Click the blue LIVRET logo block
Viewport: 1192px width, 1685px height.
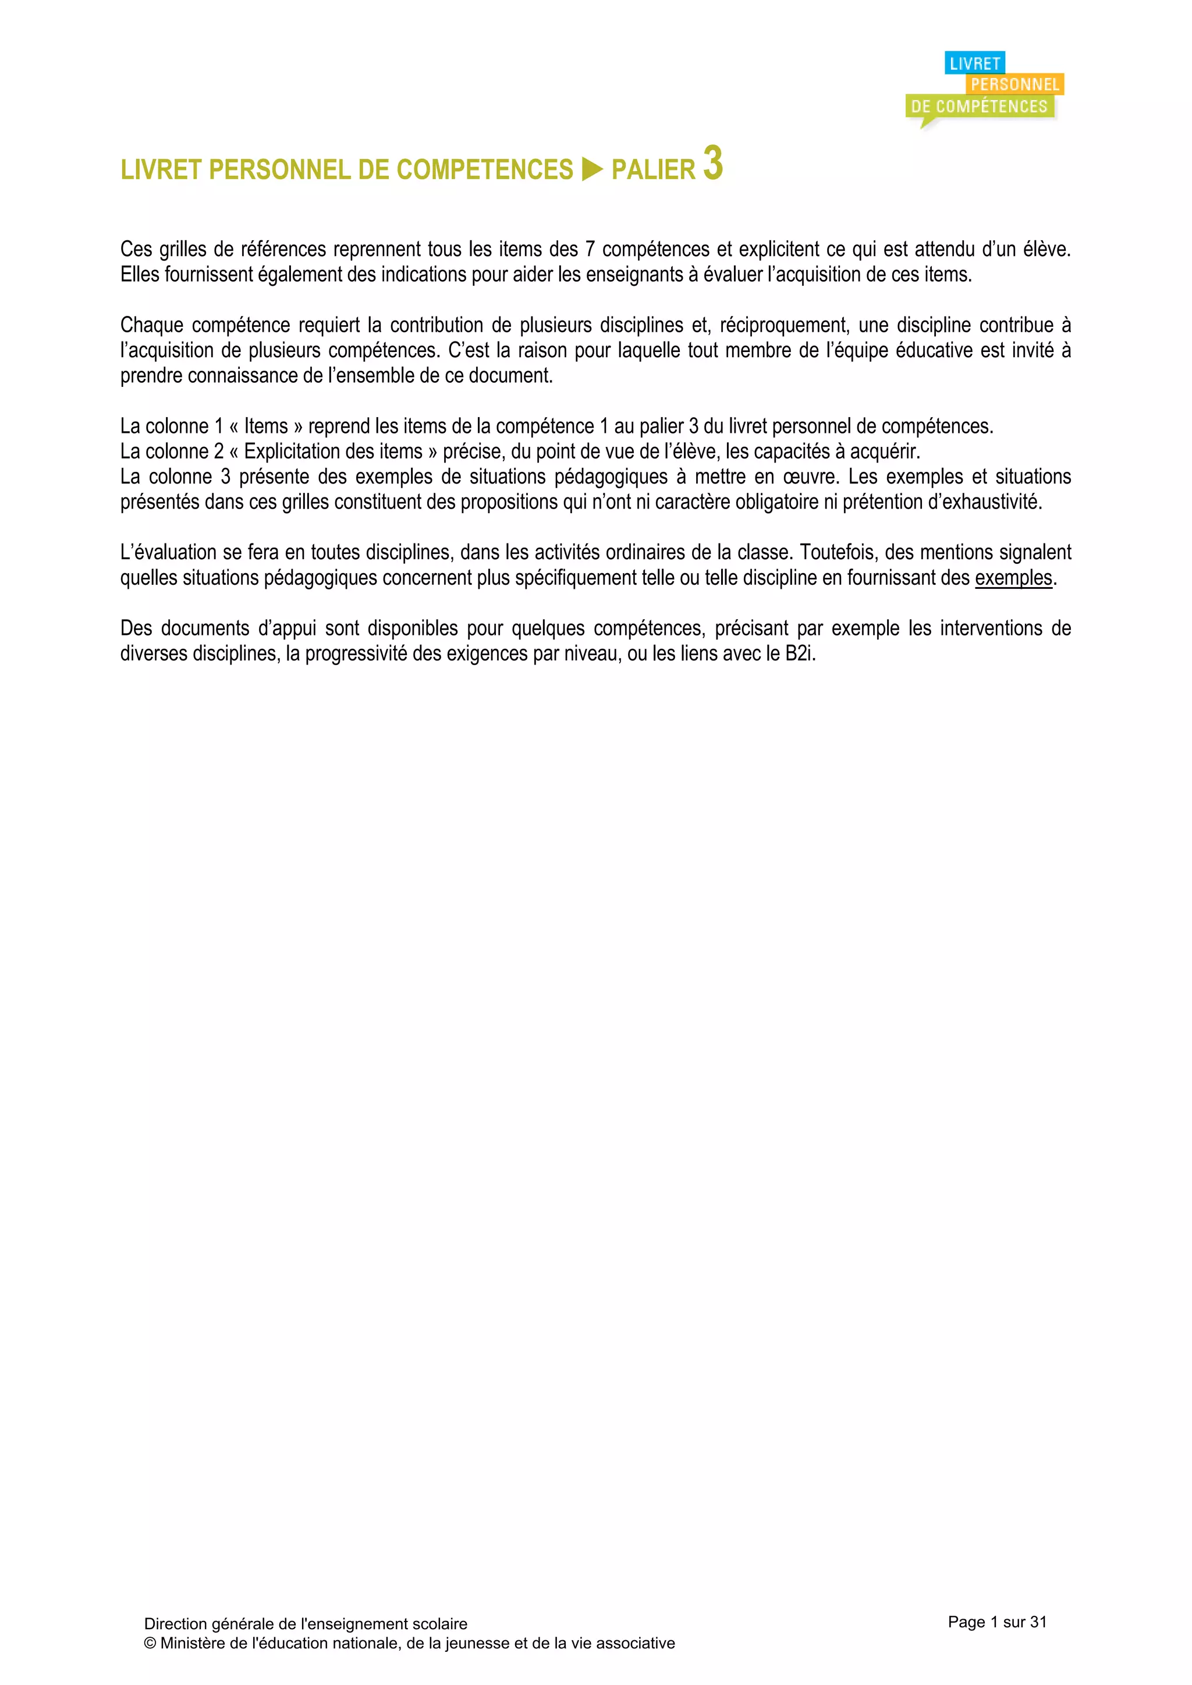(974, 64)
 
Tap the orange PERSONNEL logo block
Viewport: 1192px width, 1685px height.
(1015, 84)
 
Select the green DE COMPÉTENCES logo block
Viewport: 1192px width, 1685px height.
(979, 106)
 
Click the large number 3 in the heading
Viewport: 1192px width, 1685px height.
(713, 163)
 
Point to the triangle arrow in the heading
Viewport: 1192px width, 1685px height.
(591, 169)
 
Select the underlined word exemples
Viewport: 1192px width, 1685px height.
(1013, 578)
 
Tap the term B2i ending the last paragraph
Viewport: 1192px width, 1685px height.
(799, 654)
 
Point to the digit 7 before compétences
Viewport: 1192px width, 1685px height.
(590, 250)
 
